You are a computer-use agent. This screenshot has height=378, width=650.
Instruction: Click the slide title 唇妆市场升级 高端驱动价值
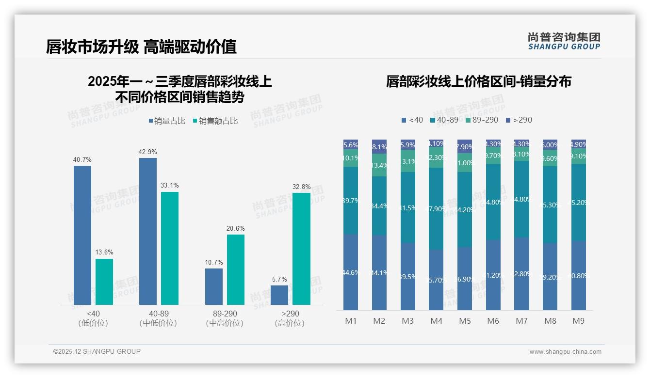[x=141, y=47]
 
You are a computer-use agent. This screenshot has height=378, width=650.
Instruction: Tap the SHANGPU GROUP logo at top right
[x=564, y=41]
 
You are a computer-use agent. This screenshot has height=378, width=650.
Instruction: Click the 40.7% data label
[x=82, y=159]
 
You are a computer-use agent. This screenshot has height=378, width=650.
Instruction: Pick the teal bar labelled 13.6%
[x=104, y=282]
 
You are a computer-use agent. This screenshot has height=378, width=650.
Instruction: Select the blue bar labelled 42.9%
[x=148, y=231]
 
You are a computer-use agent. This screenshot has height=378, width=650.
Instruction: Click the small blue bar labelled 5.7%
[x=279, y=295]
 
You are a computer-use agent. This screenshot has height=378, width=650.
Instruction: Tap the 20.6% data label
[x=236, y=228]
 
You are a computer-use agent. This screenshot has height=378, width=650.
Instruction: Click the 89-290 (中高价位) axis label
[x=224, y=318]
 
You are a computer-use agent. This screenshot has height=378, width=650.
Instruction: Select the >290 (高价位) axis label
[x=290, y=318]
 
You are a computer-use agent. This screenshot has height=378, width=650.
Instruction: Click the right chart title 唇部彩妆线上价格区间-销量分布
[x=478, y=81]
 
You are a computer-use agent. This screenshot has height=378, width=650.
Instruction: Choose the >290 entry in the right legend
[x=519, y=120]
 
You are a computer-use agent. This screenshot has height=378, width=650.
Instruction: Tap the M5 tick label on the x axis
[x=464, y=321]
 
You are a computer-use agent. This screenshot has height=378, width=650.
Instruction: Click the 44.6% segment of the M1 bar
[x=351, y=272]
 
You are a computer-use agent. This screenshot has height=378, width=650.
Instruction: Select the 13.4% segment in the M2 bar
[x=379, y=165]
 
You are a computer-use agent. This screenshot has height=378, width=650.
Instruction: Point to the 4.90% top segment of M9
[x=579, y=144]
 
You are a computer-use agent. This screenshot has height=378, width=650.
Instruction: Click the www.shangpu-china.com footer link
[x=565, y=352]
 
